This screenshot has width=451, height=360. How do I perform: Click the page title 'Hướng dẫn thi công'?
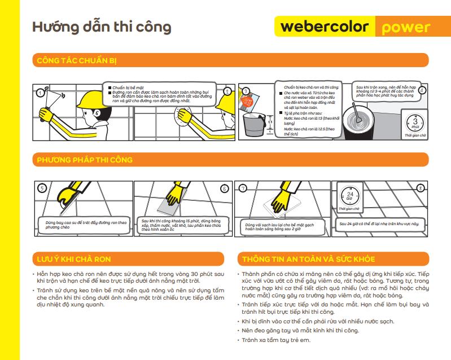[102, 27]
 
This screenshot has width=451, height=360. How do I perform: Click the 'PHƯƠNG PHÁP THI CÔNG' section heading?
[85, 160]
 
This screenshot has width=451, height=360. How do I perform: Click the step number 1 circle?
[40, 93]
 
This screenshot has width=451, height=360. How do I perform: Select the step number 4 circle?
[422, 90]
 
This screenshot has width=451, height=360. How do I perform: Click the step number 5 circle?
[41, 188]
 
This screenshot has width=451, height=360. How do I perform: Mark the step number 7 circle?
[243, 188]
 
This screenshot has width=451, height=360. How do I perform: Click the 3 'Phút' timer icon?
[415, 122]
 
